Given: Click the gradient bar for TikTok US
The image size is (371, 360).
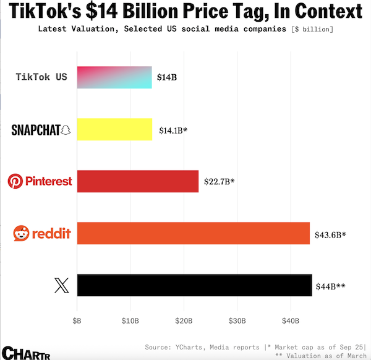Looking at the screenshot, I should coord(114,77).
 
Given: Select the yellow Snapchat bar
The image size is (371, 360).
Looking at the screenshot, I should coord(114,129).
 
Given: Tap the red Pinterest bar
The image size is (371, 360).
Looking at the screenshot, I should coord(138,181).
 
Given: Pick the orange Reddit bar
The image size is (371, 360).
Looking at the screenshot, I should coord(193,233).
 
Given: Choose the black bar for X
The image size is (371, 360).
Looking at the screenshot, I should coord(194,285).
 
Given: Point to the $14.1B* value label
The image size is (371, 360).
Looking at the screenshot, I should coord(173,130).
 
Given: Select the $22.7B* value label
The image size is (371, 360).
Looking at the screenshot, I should coord(220,182).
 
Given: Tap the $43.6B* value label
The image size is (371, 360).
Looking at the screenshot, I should coord(330,234).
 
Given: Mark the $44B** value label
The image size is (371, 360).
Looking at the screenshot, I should coord(331,286).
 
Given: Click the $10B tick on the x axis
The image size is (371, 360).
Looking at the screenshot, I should coord(130,321).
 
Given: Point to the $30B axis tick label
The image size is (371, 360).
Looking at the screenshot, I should coord(237,321).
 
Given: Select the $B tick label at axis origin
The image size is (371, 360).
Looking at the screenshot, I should coord(77,321).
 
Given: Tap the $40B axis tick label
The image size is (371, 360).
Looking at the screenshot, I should coord(291,321).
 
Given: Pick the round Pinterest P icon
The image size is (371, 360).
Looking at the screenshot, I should coord(15,181).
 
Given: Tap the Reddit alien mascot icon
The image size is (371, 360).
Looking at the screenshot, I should coord(22,233).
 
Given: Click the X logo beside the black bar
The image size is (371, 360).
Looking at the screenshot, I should coord(62,285).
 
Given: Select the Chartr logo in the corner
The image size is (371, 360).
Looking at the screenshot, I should coord(25,352).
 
